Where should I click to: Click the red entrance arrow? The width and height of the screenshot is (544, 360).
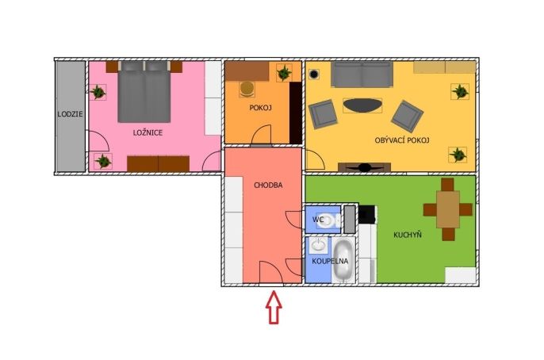pyautogui.click(x=274, y=308)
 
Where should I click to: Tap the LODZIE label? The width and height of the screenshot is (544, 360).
pyautogui.click(x=70, y=113)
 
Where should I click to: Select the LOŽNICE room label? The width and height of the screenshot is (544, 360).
pyautogui.click(x=147, y=132)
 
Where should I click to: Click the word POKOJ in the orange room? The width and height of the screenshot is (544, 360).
pyautogui.click(x=260, y=108)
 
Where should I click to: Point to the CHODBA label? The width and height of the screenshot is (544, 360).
pyautogui.click(x=268, y=186)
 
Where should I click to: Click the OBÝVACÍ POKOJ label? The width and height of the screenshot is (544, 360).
pyautogui.click(x=402, y=140)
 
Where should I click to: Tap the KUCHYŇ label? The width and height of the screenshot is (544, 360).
pyautogui.click(x=408, y=235)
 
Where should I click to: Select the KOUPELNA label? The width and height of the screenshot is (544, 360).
pyautogui.click(x=330, y=261)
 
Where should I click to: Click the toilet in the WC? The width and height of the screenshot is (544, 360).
pyautogui.click(x=328, y=220)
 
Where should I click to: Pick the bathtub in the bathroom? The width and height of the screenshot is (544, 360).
pyautogui.click(x=343, y=259)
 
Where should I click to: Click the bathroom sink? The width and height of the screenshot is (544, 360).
pyautogui.click(x=318, y=245)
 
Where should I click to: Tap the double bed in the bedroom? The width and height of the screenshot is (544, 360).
pyautogui.click(x=144, y=91)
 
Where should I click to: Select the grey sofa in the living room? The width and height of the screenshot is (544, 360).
pyautogui.click(x=362, y=75)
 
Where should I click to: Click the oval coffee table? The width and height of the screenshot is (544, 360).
pyautogui.click(x=362, y=105)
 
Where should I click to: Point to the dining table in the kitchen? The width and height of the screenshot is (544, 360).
pyautogui.click(x=448, y=209)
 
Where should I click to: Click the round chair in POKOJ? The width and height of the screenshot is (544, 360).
pyautogui.click(x=247, y=89)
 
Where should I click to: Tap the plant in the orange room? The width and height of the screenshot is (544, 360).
pyautogui.click(x=284, y=73)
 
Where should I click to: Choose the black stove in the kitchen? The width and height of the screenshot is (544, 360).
pyautogui.click(x=366, y=215)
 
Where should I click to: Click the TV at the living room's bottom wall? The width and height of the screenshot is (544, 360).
pyautogui.click(x=364, y=167)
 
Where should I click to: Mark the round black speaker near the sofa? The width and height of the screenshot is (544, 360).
pyautogui.click(x=314, y=74)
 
